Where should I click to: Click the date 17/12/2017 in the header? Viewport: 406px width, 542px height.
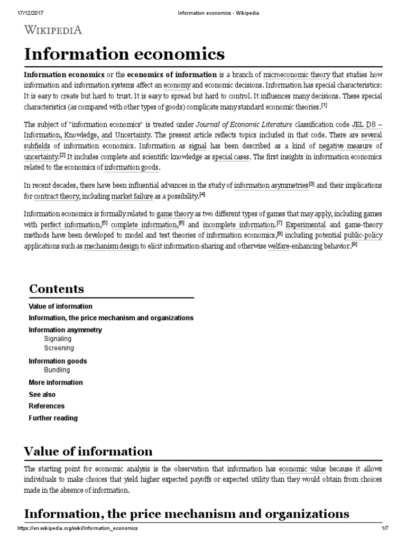[x=20, y=5]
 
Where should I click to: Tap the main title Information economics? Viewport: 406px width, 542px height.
[x=124, y=54]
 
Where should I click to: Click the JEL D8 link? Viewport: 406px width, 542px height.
[x=366, y=125]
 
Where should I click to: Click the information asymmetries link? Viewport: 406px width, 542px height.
[x=271, y=185]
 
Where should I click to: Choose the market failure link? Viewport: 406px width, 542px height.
[x=132, y=196]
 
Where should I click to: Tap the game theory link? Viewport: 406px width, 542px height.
[x=176, y=214]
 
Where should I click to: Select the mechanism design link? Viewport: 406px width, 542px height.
[x=112, y=246]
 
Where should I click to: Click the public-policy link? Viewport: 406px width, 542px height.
[x=363, y=236]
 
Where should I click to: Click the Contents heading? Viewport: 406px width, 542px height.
[x=57, y=289]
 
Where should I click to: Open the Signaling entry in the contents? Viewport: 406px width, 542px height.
[x=58, y=339]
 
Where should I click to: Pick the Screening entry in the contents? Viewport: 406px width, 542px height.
[x=59, y=348]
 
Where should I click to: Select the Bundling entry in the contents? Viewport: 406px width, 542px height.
[x=57, y=370]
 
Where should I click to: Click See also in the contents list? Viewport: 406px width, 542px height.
[x=42, y=394]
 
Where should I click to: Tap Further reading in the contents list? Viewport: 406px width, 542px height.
[x=53, y=418]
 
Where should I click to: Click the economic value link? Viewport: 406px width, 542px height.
[x=302, y=469]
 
